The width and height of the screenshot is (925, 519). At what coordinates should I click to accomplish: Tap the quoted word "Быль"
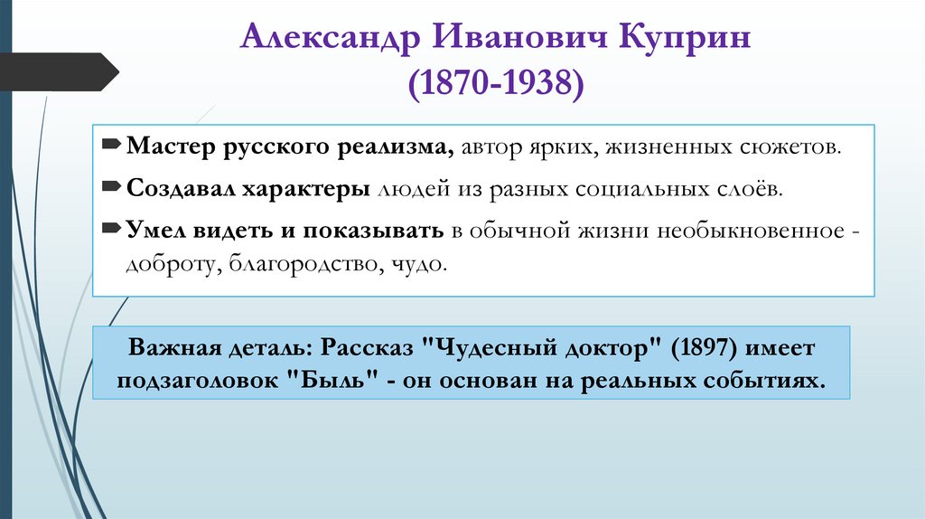click(x=333, y=380)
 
